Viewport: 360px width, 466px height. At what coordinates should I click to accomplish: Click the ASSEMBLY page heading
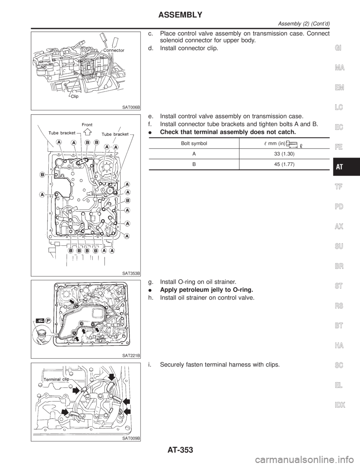[x=180, y=15]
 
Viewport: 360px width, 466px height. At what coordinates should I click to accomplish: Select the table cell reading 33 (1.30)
[x=284, y=154]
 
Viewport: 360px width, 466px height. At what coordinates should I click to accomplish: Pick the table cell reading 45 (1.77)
[x=284, y=164]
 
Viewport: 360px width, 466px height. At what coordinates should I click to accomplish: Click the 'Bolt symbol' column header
[x=194, y=143]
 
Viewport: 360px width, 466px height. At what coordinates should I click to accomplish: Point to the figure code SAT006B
[x=131, y=107]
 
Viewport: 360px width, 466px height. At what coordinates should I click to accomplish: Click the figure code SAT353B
[x=131, y=274]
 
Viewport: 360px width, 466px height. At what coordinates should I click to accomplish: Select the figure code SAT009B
[x=131, y=438]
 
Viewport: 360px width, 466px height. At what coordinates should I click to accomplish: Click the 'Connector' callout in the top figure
[x=114, y=50]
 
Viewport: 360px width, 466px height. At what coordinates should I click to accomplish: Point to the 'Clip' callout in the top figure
[x=75, y=96]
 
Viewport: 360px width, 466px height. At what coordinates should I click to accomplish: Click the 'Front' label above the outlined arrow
[x=87, y=125]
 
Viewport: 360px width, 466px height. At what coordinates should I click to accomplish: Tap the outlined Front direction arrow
[x=87, y=132]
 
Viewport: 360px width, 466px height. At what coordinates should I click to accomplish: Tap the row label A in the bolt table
[x=194, y=154]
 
